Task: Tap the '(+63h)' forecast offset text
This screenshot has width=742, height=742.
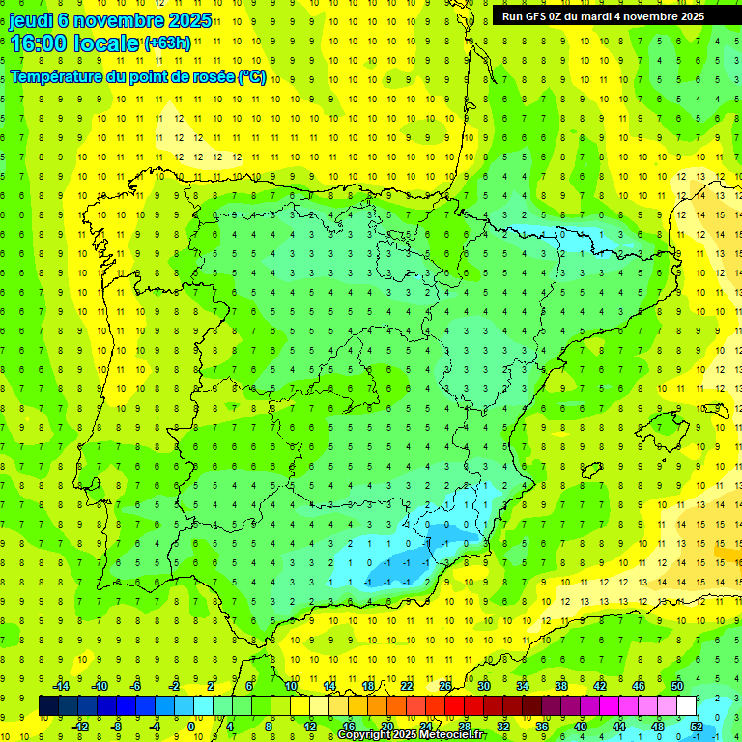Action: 168,43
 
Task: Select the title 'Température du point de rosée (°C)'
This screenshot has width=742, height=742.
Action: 137,76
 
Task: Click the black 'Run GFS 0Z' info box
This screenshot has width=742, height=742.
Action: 603,15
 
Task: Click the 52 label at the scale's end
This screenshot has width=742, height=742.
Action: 697,726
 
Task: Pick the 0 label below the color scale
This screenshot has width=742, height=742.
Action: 191,726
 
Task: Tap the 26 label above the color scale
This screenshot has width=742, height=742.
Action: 445,686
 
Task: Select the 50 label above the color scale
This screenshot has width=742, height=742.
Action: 677,686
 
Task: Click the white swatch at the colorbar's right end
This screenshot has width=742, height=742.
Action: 687,705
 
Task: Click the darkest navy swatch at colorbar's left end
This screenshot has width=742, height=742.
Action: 48,705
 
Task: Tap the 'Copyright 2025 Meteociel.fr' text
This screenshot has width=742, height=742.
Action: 411,735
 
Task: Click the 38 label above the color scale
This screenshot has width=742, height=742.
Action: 561,686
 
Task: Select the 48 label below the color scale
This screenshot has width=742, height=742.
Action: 658,726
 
